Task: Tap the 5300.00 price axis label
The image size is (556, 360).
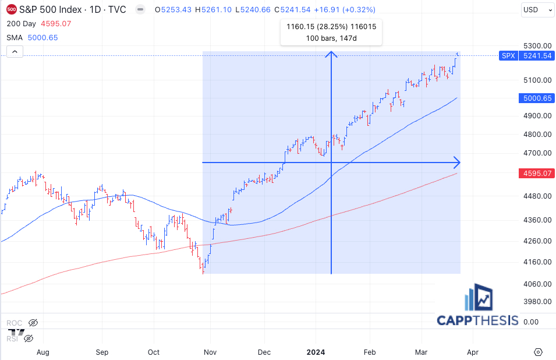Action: pyautogui.click(x=536, y=46)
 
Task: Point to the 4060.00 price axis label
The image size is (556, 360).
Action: pyautogui.click(x=536, y=284)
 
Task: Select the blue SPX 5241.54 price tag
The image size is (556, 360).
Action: pyautogui.click(x=526, y=56)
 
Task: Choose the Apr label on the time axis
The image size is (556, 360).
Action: pyautogui.click(x=473, y=352)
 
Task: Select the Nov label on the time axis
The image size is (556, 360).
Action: pyautogui.click(x=210, y=352)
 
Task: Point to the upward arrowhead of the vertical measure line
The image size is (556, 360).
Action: pyautogui.click(x=331, y=54)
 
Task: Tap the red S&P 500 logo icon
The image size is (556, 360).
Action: pyautogui.click(x=11, y=10)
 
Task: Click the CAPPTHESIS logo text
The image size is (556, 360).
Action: pyautogui.click(x=477, y=320)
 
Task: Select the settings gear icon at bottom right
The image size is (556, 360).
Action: pyautogui.click(x=538, y=352)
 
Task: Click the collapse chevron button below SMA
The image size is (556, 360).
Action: pyautogui.click(x=15, y=52)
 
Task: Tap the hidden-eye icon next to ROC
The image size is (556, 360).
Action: pyautogui.click(x=33, y=322)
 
